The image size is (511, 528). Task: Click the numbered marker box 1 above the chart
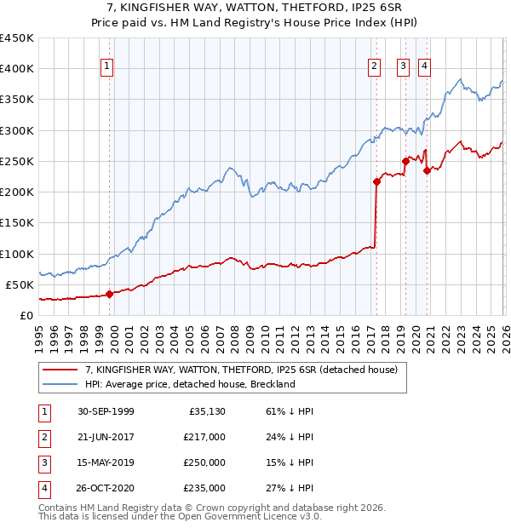click(x=108, y=66)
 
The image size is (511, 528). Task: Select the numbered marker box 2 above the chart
click(x=375, y=66)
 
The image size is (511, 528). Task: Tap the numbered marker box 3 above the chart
click(x=402, y=66)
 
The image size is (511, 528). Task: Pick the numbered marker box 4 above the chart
click(x=424, y=66)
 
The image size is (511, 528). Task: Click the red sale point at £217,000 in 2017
click(x=376, y=181)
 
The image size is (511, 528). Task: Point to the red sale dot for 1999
click(x=110, y=295)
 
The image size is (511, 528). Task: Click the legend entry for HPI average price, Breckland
click(x=189, y=384)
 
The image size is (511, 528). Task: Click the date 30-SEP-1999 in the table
click(x=106, y=411)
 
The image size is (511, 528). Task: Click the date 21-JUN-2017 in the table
click(x=106, y=437)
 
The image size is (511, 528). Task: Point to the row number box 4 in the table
click(x=43, y=488)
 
